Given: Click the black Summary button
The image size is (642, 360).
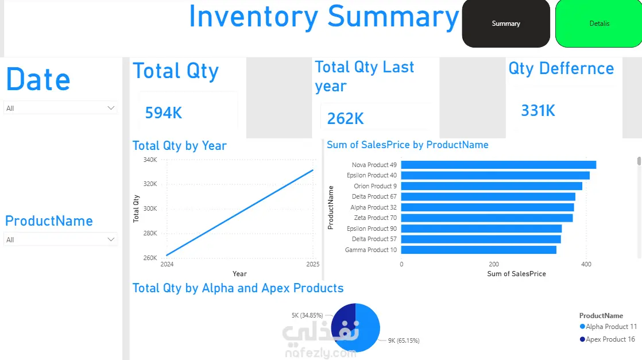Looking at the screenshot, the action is pyautogui.click(x=506, y=24).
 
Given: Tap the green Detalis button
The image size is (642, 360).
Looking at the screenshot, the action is pyautogui.click(x=599, y=24).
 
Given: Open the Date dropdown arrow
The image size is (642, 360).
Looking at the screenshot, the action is pyautogui.click(x=111, y=108).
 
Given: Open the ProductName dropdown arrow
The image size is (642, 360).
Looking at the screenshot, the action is pyautogui.click(x=111, y=239).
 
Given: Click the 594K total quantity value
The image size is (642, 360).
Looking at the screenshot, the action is pyautogui.click(x=163, y=113).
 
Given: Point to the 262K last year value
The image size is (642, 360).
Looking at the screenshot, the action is pyautogui.click(x=345, y=119).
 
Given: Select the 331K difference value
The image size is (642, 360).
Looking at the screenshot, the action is pyautogui.click(x=538, y=111).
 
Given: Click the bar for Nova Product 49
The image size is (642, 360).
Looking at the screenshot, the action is pyautogui.click(x=498, y=165).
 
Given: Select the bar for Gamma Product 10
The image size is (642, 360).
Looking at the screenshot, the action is pyautogui.click(x=479, y=250).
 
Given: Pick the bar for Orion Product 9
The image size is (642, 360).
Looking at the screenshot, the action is pyautogui.click(x=492, y=186).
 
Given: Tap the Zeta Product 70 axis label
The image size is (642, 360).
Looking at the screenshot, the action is pyautogui.click(x=376, y=218).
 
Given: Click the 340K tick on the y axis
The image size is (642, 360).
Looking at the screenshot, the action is pyautogui.click(x=150, y=160).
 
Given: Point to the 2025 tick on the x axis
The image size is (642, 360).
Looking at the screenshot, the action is pyautogui.click(x=313, y=264).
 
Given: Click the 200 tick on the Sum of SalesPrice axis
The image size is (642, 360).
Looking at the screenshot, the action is pyautogui.click(x=494, y=264).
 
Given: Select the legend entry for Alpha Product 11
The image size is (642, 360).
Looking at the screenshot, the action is pyautogui.click(x=609, y=327).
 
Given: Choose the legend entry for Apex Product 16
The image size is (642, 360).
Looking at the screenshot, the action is pyautogui.click(x=608, y=339).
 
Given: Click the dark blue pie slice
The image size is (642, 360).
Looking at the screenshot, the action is pyautogui.click(x=343, y=322).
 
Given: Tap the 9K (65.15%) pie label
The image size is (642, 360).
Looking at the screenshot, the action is pyautogui.click(x=404, y=340).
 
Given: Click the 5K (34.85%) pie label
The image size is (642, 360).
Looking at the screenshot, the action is pyautogui.click(x=307, y=315).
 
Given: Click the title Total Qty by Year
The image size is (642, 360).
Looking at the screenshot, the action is pyautogui.click(x=179, y=146).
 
